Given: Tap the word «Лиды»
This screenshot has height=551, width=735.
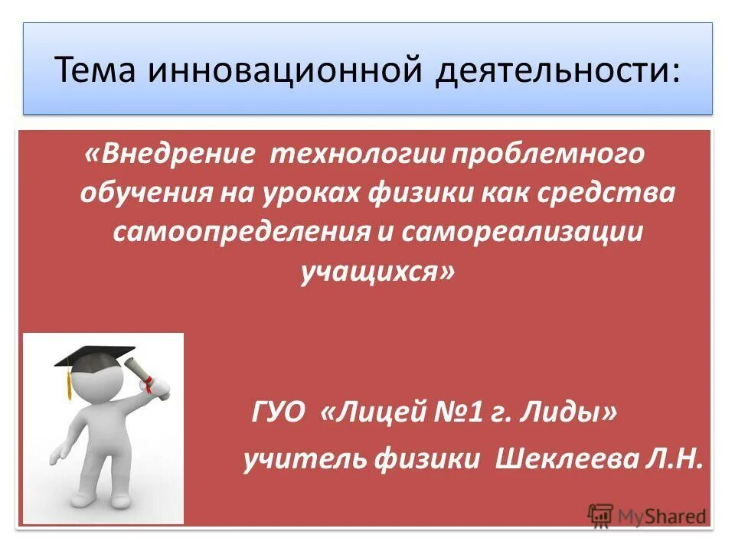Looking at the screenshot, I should (x=571, y=413).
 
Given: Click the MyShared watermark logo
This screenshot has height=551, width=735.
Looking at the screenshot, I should (x=647, y=515).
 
